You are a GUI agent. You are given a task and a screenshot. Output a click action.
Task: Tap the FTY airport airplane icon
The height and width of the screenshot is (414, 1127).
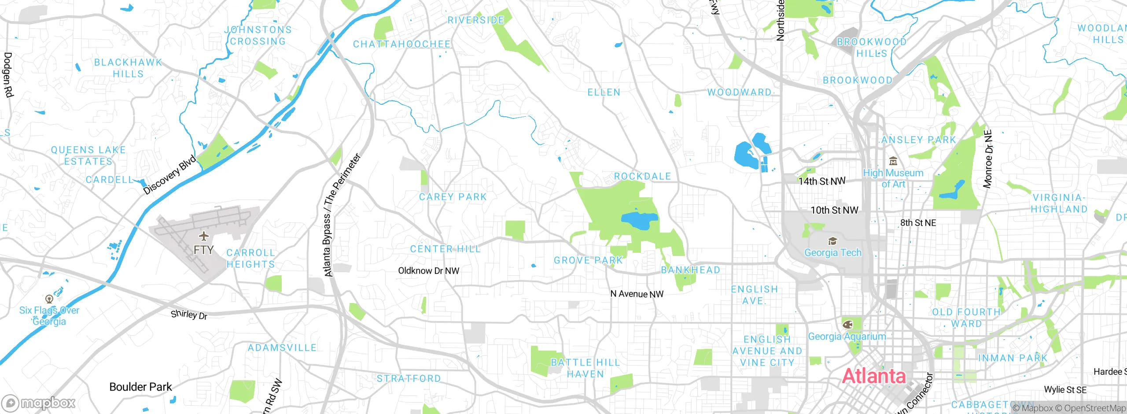pos(203,236)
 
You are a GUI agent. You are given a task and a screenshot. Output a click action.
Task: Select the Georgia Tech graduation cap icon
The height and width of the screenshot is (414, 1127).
pos(832,241)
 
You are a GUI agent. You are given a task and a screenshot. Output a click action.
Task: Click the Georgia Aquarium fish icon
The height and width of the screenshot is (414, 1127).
pos(847,325)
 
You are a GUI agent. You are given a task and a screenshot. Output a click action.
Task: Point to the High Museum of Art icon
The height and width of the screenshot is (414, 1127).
pos(893,161)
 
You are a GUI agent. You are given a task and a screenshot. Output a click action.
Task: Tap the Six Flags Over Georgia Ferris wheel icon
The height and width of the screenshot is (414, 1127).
pos(49,299)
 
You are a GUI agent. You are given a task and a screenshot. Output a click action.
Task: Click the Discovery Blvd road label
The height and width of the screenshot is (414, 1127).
pos(170,175)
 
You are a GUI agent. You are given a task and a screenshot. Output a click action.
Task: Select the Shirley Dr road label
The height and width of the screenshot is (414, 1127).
pos(189,314)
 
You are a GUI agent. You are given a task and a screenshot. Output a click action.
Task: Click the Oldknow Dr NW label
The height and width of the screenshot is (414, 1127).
pos(428,271)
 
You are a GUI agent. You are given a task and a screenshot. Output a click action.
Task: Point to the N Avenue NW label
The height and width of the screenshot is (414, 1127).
pos(637,294)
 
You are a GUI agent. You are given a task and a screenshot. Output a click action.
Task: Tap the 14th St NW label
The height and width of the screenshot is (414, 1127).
pos(821,181)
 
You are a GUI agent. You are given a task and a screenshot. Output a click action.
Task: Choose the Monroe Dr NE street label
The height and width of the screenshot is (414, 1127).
pos(988,159)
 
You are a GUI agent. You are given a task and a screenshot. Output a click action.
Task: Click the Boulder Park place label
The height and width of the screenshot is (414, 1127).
pos(140,387)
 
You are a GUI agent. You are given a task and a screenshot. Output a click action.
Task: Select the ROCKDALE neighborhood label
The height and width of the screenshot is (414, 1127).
pos(642,176)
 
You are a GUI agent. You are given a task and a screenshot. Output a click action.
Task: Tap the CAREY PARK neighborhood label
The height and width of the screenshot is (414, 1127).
pos(453,197)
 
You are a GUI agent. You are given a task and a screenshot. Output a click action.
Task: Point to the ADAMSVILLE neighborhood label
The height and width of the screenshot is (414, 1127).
pos(282,348)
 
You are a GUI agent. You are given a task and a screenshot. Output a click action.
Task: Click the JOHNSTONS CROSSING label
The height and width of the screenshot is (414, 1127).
pos(258,35)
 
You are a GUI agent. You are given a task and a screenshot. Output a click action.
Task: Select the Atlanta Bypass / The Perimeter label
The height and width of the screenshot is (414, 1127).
pos(342,216)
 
